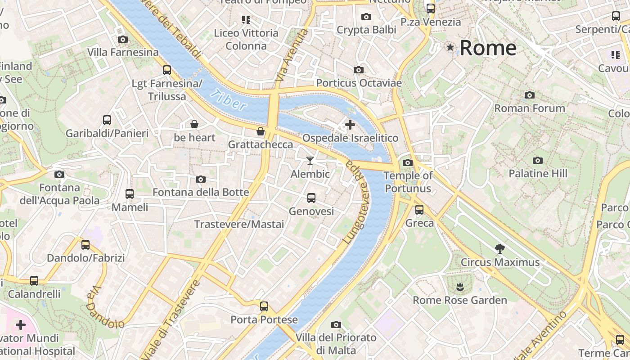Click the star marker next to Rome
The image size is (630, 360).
[x=450, y=47]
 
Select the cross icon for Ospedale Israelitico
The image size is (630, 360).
[x=350, y=124]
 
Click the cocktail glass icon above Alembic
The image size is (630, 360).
[x=310, y=160]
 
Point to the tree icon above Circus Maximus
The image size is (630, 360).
[x=499, y=248]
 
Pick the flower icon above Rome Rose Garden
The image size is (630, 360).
[x=459, y=286]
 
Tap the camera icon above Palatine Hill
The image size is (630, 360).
[x=537, y=160]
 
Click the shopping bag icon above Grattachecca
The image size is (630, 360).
[x=260, y=131]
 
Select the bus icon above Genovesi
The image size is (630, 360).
[x=311, y=198]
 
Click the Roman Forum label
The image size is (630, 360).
[x=530, y=108]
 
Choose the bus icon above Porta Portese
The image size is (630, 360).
[x=264, y=306]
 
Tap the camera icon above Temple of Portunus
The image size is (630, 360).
[x=408, y=162]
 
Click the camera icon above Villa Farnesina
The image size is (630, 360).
[x=122, y=40]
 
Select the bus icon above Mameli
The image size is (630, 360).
[x=130, y=194]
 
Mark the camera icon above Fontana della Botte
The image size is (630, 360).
[x=201, y=179]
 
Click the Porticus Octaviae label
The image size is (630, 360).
[x=359, y=83]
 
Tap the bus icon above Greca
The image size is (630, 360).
[x=419, y=209]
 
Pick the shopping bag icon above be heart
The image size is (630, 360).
[x=194, y=124]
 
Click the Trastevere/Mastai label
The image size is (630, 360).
[x=239, y=224]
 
